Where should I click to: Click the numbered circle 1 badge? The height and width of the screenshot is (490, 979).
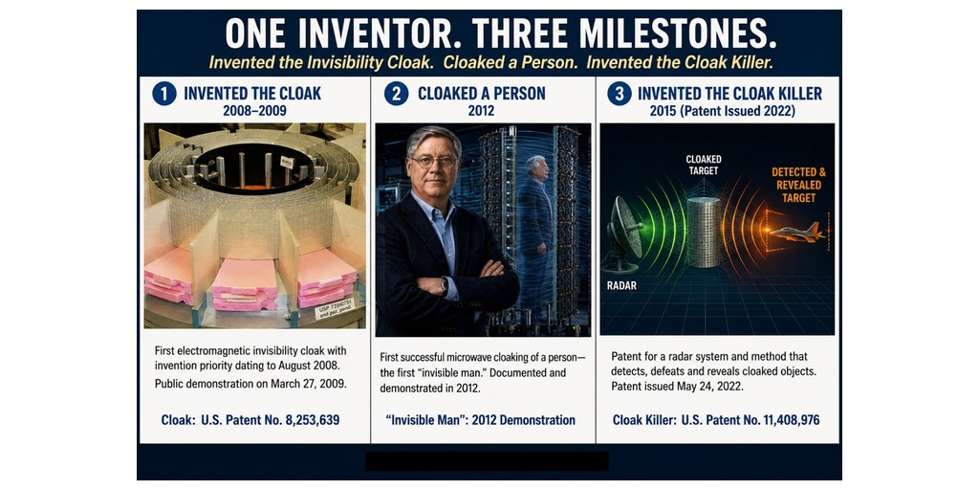[x=164, y=94]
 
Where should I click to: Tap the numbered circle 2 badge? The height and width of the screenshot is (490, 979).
[x=396, y=94]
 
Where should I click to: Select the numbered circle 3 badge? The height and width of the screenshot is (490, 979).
[x=620, y=94]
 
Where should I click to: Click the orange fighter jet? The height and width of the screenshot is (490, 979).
[x=797, y=233]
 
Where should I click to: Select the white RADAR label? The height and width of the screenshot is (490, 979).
[x=621, y=285]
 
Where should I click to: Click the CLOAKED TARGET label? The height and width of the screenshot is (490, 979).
[x=703, y=165]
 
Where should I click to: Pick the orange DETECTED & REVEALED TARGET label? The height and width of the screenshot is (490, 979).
[x=798, y=185]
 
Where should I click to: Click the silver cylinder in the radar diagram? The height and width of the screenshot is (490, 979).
[x=705, y=233]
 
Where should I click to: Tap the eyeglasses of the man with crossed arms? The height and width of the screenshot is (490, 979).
[x=434, y=161]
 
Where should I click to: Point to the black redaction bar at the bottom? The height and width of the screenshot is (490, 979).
[x=487, y=461]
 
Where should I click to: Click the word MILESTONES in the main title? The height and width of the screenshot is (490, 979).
[x=678, y=33]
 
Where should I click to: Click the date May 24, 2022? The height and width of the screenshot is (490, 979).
[x=711, y=386]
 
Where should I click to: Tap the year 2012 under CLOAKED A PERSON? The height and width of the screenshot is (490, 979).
[x=481, y=111]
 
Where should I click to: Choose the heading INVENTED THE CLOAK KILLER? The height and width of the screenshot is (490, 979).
[x=729, y=94]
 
